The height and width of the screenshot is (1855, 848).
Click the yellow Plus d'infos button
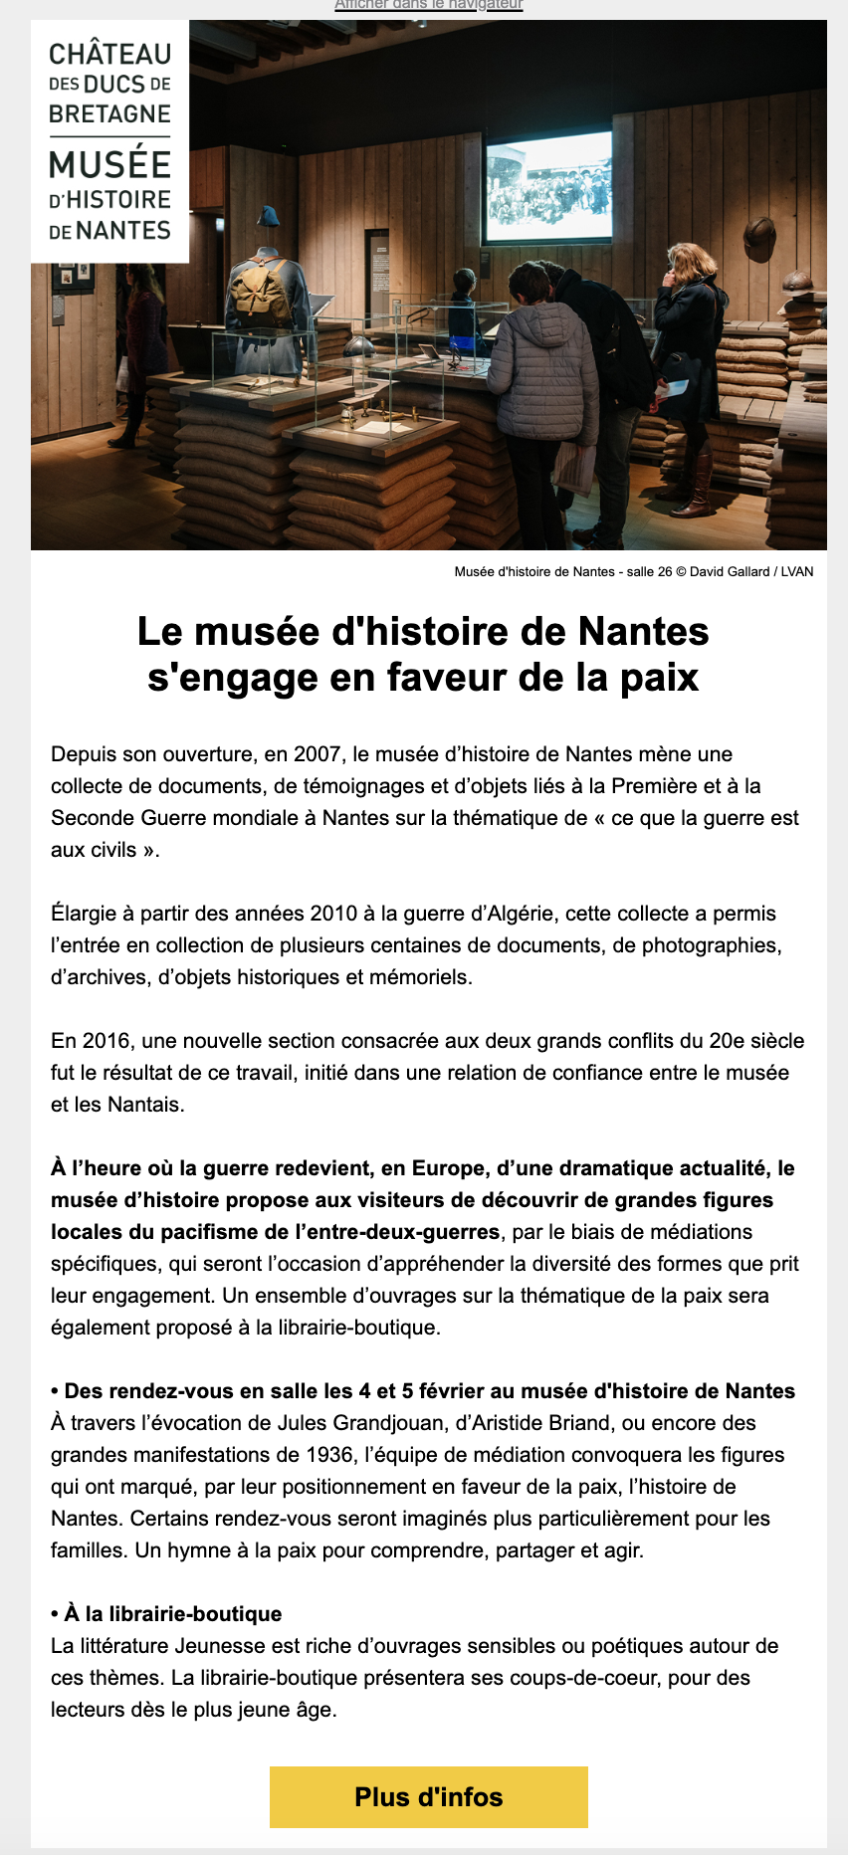point(428,1797)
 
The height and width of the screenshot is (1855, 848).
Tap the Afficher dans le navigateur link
point(428,5)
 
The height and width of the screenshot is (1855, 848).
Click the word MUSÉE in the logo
point(109,165)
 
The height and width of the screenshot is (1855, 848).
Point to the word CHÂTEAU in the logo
point(109,54)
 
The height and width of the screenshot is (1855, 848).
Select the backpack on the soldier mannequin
point(258,295)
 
